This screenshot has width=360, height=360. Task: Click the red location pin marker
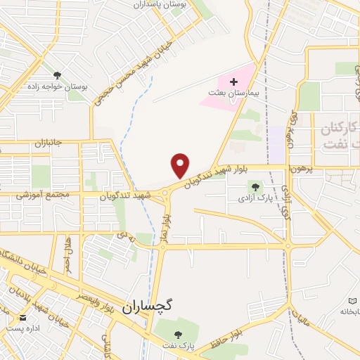[181, 165]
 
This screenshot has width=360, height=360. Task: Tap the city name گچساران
[147, 307]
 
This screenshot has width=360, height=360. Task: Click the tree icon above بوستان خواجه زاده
[56, 75]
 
